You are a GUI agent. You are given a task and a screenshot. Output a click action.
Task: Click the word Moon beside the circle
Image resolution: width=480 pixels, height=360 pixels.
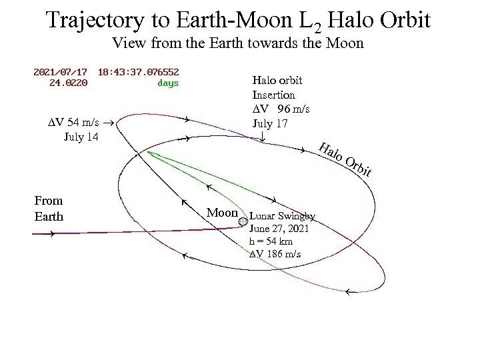(222, 213)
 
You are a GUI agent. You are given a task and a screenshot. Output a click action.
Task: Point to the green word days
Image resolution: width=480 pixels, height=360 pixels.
(167, 83)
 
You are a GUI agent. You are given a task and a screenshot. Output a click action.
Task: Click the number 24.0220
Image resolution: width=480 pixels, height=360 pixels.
(68, 83)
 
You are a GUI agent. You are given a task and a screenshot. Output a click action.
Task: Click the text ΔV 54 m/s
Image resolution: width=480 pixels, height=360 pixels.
(75, 123)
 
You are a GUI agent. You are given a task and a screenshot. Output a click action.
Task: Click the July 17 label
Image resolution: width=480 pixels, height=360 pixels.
(270, 123)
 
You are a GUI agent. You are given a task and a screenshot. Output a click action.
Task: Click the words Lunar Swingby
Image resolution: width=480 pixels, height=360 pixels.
(282, 216)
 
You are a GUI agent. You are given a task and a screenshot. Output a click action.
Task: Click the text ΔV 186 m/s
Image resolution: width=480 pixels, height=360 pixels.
(275, 254)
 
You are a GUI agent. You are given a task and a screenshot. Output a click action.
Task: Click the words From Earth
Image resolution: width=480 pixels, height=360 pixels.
(48, 208)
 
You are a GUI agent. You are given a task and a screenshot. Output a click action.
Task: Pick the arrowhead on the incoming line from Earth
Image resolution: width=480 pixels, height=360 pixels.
(50, 234)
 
